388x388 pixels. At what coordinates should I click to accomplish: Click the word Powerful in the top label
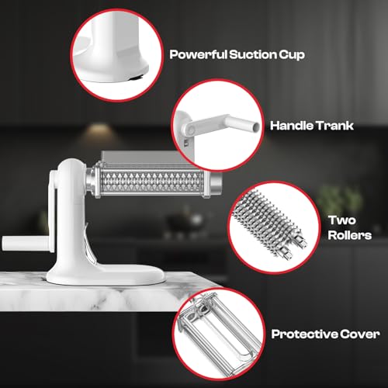click(196, 55)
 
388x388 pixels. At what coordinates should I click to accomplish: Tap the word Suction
click(248, 55)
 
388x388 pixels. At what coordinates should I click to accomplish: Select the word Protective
click(304, 334)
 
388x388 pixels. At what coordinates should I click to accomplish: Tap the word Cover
click(359, 334)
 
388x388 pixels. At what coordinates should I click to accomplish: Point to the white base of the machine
click(86, 272)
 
